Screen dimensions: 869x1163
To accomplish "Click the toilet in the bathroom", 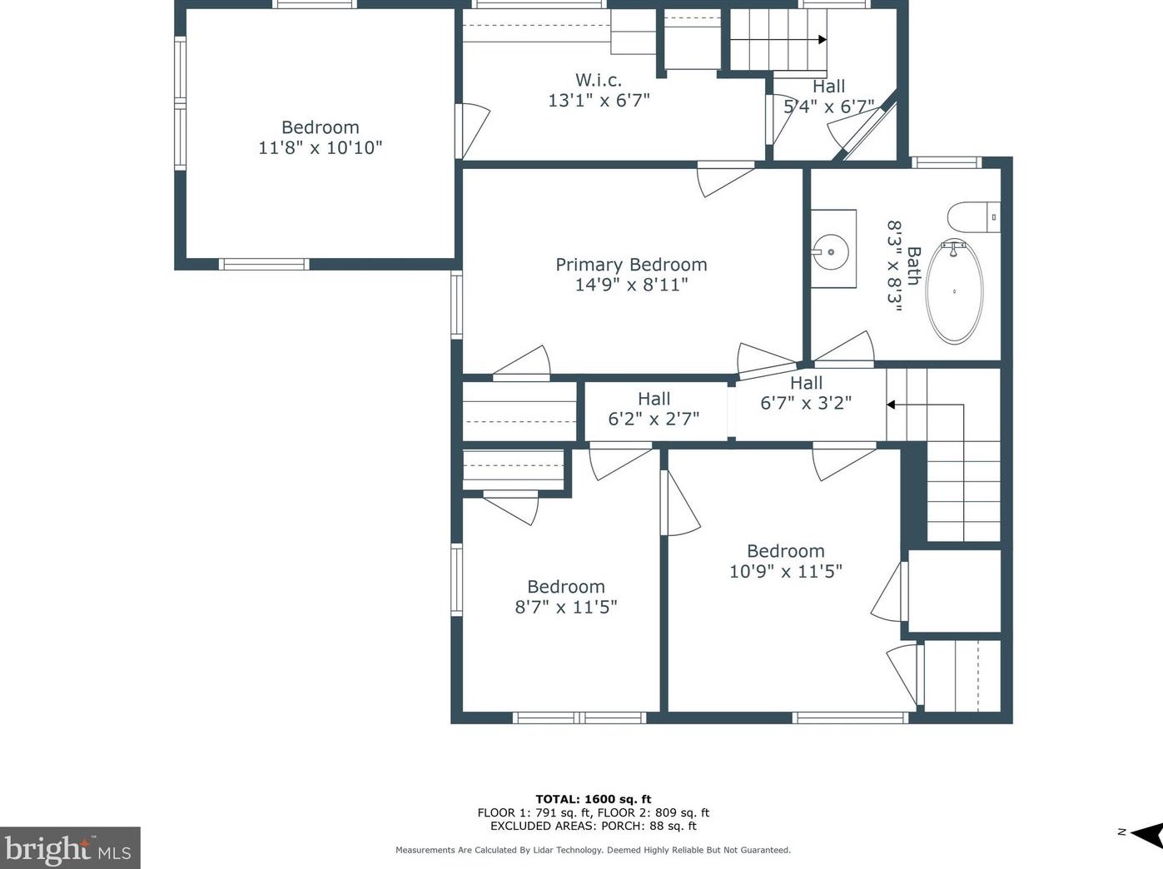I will pos(972,217).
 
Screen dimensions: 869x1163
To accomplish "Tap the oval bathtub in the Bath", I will pos(954,290).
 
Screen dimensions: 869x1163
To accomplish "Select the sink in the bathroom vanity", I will pos(831,250).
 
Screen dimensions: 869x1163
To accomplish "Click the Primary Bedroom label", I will pos(631,265).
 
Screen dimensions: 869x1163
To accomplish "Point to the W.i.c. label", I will pos(599,81).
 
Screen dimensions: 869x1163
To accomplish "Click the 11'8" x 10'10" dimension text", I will pos(320,148).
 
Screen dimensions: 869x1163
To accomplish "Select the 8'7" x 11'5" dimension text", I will pos(565,608).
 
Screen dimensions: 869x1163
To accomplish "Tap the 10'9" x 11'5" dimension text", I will pos(785,572).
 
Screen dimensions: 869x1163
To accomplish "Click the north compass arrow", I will pos(1146,833).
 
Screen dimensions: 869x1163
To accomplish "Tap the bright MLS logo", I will pos(69,849).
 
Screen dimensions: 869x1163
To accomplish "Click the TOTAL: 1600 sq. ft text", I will pos(593,799).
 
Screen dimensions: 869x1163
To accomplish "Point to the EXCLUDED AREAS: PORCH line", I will pos(593,827).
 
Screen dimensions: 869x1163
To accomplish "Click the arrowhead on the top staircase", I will pos(823,39).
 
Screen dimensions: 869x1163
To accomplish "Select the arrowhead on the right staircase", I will pos(890,405).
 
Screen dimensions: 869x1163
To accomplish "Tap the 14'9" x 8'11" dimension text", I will pos(631,286).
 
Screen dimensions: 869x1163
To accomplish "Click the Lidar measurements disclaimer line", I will pos(593,850).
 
